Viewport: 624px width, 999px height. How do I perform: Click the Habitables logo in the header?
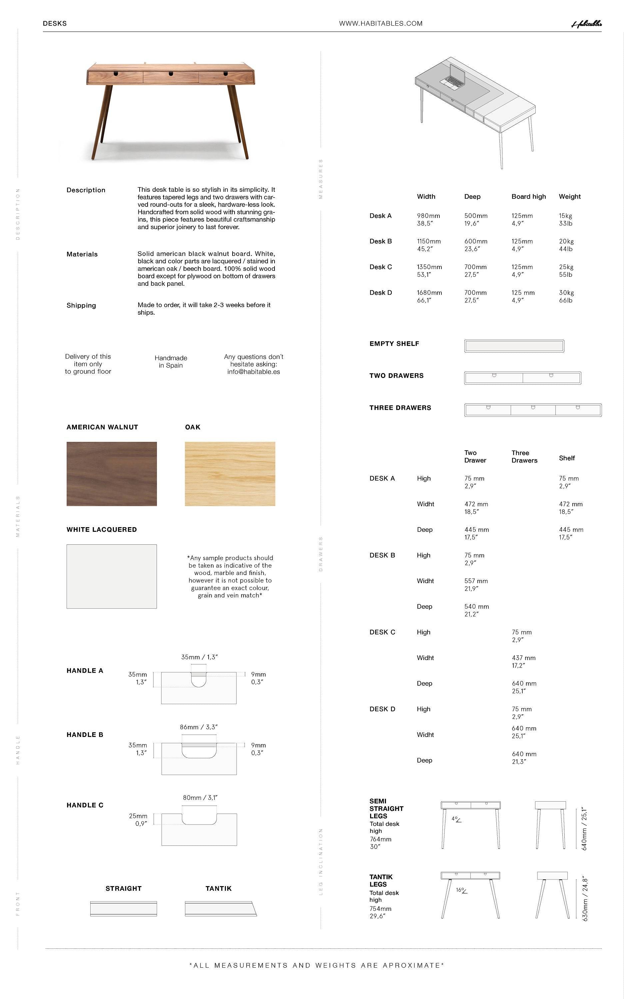click(586, 24)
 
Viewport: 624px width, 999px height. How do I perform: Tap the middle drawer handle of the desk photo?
click(171, 74)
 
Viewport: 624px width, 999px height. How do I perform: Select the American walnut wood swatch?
click(111, 474)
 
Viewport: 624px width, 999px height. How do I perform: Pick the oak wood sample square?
click(230, 474)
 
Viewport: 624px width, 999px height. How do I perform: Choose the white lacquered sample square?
click(111, 576)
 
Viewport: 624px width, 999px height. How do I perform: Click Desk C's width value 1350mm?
click(429, 267)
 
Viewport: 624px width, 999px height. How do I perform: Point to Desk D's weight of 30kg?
click(566, 292)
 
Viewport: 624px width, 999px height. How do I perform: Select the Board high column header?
click(528, 196)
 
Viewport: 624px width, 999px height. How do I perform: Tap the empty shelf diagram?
click(514, 346)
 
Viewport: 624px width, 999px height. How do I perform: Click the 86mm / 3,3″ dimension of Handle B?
click(199, 727)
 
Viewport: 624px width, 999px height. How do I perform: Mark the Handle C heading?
click(85, 805)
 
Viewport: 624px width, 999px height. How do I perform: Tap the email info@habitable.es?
click(254, 372)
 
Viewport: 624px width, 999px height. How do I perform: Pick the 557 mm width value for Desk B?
click(476, 581)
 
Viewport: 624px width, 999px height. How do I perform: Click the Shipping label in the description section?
click(81, 305)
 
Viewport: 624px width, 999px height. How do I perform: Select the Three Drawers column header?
click(524, 457)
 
